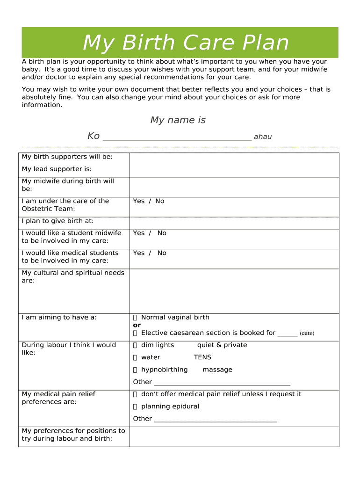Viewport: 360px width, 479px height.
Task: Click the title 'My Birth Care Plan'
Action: [186, 43]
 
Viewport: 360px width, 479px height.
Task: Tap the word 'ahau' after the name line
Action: [263, 137]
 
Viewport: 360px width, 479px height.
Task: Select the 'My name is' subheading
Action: [178, 120]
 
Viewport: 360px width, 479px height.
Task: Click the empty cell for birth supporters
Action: [234, 165]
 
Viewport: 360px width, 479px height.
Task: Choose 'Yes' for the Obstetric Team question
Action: [139, 201]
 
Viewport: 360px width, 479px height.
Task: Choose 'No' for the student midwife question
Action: [162, 233]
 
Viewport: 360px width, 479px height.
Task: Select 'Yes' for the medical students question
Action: [139, 253]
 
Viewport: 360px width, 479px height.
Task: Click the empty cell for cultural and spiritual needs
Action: [234, 291]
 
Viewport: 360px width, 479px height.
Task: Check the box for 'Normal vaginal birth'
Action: [135, 318]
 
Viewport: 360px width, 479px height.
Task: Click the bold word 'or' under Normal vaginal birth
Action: [137, 325]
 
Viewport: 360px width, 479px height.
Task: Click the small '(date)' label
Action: [307, 334]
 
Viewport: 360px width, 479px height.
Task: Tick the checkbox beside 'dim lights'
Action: [135, 345]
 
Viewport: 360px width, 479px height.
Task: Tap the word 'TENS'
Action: [202, 357]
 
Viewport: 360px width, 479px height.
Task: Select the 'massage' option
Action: [217, 370]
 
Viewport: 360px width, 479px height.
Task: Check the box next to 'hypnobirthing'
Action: [135, 370]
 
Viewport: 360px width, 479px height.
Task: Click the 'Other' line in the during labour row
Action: [222, 382]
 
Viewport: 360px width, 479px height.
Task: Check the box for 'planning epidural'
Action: [135, 406]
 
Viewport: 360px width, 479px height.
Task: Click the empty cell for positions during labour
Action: [234, 436]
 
